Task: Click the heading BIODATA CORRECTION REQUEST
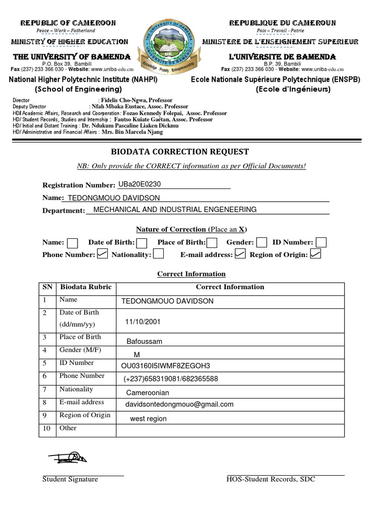(x=179, y=152)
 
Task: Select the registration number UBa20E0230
(x=140, y=184)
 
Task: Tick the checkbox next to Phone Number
(x=102, y=254)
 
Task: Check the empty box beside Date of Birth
(x=142, y=243)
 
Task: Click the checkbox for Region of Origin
(x=316, y=254)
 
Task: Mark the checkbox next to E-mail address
(x=240, y=254)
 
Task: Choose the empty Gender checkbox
(x=262, y=243)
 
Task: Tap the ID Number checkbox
(x=321, y=243)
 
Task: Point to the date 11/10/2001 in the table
(x=143, y=321)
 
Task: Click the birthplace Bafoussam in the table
(x=145, y=341)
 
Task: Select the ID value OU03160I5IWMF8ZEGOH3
(x=166, y=366)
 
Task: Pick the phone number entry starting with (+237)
(x=171, y=379)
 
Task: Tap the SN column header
(x=47, y=287)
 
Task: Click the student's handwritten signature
(x=68, y=457)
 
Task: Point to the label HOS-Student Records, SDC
(x=271, y=479)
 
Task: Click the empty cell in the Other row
(x=230, y=430)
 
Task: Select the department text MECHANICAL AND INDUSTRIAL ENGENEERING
(x=175, y=210)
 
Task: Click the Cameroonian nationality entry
(x=148, y=393)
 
